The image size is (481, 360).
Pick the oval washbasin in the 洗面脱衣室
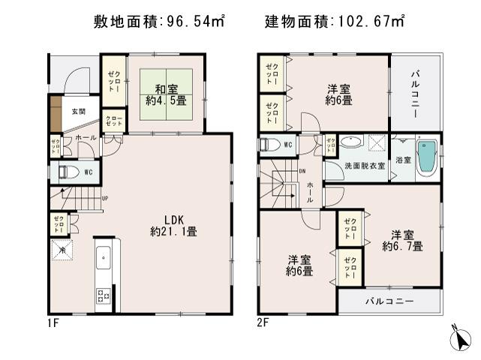coord(350,141)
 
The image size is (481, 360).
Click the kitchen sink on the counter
coord(104,259)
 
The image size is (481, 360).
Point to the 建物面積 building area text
coord(333,22)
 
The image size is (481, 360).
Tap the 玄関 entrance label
coord(78,112)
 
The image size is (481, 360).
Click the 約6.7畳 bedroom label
coord(401,239)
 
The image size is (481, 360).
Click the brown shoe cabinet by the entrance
coord(56,113)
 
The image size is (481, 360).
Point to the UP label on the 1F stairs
coord(104,199)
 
